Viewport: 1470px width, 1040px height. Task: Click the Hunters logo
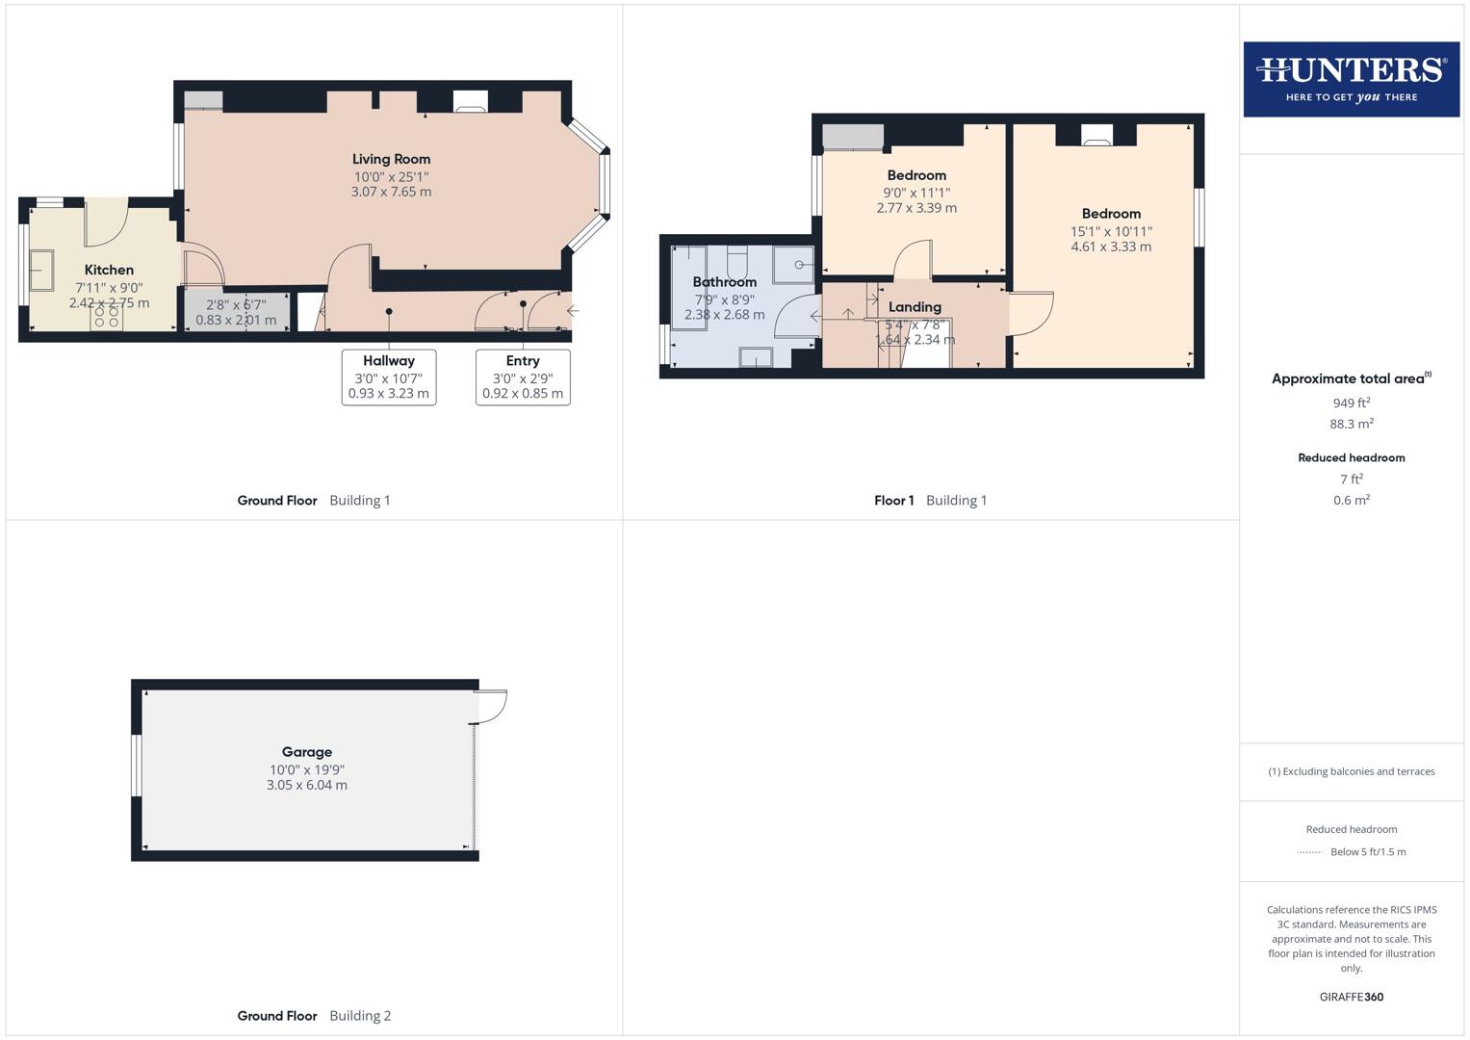click(x=1351, y=78)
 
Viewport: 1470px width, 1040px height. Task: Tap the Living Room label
click(x=391, y=159)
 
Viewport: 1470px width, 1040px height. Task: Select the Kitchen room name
click(x=109, y=270)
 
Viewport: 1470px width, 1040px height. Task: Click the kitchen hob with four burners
click(x=107, y=317)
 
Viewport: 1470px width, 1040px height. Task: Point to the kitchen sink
click(x=41, y=270)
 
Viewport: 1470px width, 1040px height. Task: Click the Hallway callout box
click(x=389, y=377)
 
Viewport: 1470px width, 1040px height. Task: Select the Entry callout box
click(x=523, y=377)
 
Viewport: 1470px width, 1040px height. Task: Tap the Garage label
click(x=307, y=752)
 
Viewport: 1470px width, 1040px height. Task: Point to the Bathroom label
click(x=724, y=282)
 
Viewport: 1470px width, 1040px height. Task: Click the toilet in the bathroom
click(x=737, y=261)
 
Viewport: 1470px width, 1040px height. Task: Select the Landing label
click(x=915, y=307)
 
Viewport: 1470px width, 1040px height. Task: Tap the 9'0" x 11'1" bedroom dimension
click(x=916, y=193)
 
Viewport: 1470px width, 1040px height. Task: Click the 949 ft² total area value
click(x=1351, y=403)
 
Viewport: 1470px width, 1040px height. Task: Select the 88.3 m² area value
click(x=1351, y=424)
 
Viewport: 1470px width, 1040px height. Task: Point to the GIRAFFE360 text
click(x=1351, y=997)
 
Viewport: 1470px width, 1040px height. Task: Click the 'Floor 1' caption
click(x=893, y=500)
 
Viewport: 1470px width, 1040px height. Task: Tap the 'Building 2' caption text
click(x=360, y=1015)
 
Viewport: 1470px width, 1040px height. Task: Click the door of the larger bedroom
click(x=1030, y=313)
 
